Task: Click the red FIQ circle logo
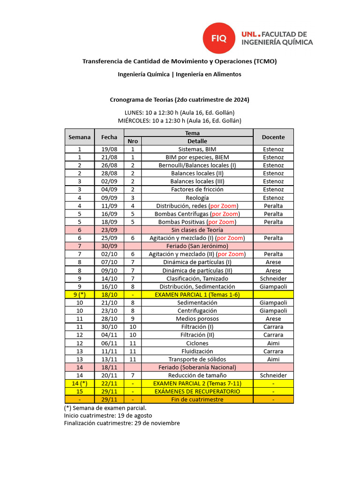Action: click(x=218, y=38)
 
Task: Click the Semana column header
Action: click(x=79, y=137)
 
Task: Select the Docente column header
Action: click(x=273, y=137)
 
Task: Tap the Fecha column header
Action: click(x=109, y=137)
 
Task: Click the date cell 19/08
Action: click(x=109, y=149)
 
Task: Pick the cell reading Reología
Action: click(x=197, y=198)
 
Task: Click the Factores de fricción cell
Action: click(x=197, y=189)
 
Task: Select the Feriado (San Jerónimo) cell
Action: click(x=197, y=246)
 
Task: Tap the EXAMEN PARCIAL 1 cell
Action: click(x=197, y=294)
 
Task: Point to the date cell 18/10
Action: click(x=109, y=294)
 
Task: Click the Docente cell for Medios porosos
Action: click(x=273, y=319)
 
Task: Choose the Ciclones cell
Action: click(x=197, y=343)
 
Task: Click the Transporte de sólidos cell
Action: click(x=197, y=359)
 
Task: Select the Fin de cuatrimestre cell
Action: click(x=197, y=399)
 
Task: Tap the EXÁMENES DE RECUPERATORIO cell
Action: click(x=197, y=391)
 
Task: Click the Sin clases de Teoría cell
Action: click(x=197, y=230)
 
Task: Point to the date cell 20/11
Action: click(x=109, y=375)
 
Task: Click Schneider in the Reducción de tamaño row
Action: click(x=273, y=375)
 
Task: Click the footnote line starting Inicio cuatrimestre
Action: click(x=108, y=415)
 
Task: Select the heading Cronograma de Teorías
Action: click(x=180, y=100)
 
